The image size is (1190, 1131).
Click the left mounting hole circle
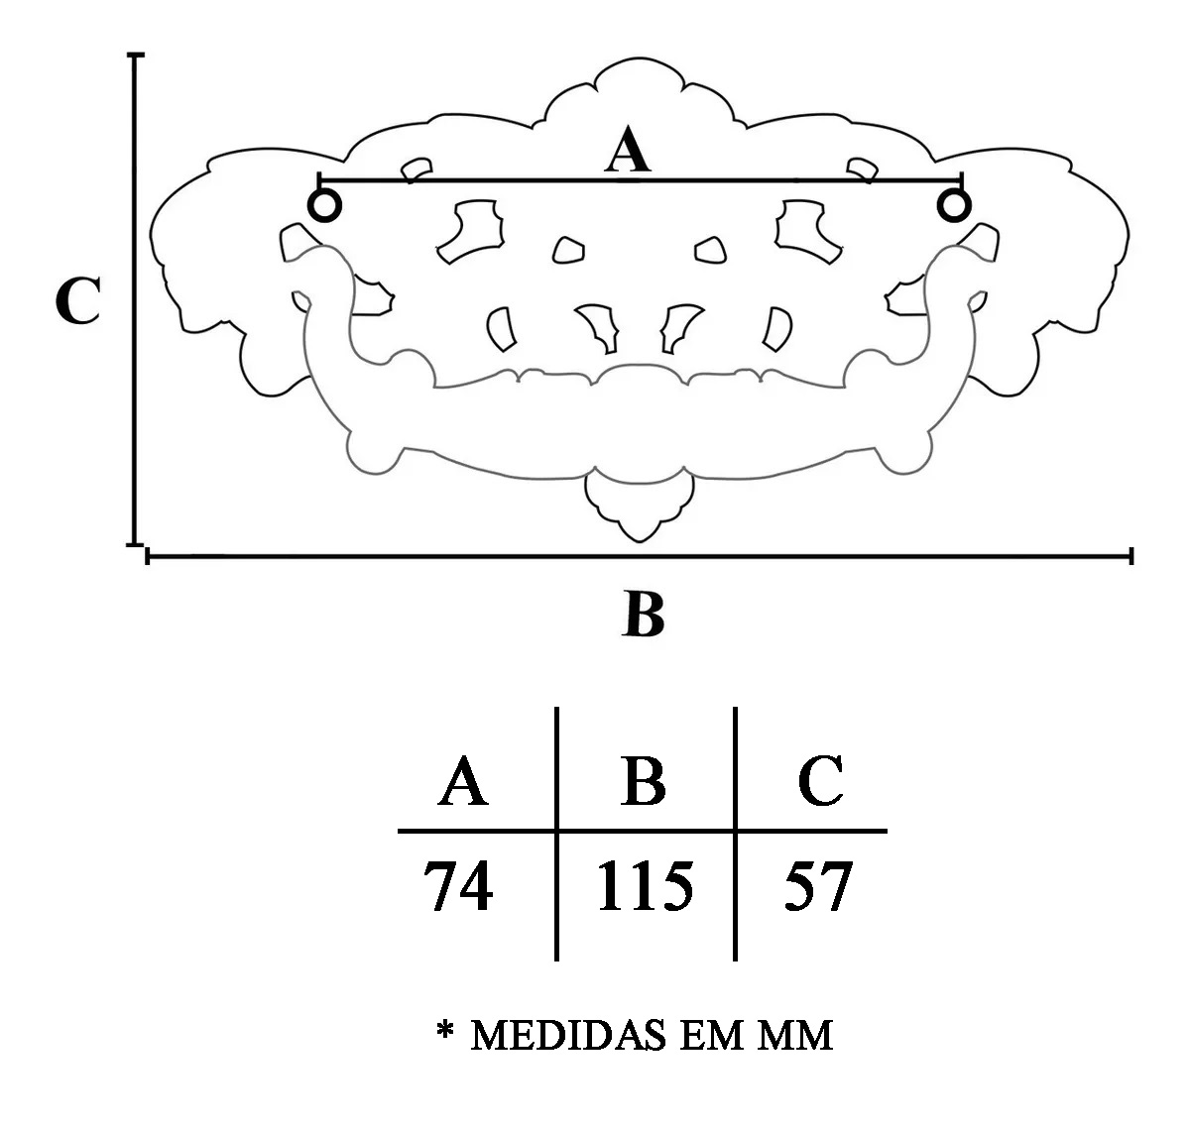(x=324, y=206)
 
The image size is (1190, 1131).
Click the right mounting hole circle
(x=954, y=206)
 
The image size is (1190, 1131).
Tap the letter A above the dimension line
(x=629, y=154)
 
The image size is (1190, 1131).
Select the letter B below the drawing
(x=644, y=615)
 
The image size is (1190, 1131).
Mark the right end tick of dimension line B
(x=1131, y=557)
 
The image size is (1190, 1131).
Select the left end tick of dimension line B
(x=148, y=557)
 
